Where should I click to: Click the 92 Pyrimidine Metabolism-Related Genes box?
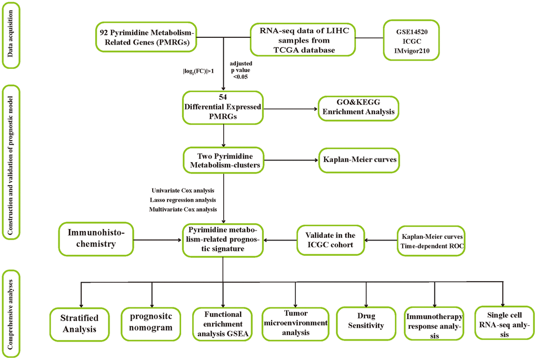coord(146,37)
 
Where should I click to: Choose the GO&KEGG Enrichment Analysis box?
coord(357,107)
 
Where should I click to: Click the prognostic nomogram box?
coord(152,322)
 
